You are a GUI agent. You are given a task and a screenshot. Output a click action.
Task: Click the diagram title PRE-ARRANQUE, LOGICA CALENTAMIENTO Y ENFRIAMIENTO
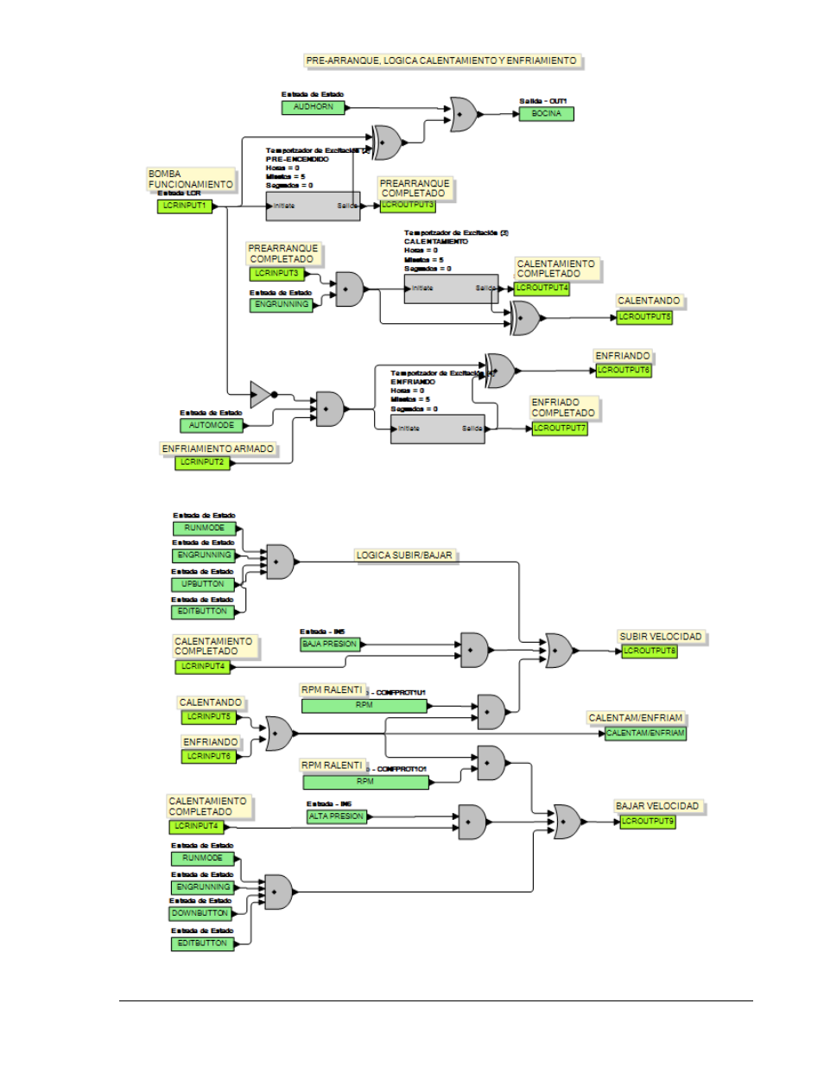pos(441,60)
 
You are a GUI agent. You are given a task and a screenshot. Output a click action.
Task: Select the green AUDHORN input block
pos(313,107)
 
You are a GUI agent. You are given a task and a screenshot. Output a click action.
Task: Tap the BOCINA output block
pos(546,113)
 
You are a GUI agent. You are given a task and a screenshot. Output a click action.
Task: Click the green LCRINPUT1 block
pos(184,206)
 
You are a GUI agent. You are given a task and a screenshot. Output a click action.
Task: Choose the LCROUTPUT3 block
pos(408,205)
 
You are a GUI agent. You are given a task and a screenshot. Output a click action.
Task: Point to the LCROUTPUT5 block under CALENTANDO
pos(644,317)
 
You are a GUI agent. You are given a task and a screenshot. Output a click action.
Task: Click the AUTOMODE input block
pos(212,425)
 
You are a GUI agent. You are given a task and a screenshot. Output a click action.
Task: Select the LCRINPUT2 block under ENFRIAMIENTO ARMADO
pos(202,462)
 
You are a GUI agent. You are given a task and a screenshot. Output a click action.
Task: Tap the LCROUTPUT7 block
pos(559,428)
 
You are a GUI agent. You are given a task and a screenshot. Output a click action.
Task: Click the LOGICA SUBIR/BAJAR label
pos(404,556)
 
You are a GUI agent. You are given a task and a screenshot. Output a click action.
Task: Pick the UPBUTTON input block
pos(202,584)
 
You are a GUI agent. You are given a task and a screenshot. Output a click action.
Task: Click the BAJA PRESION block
pos(329,644)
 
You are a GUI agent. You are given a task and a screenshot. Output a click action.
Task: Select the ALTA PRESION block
pos(336,816)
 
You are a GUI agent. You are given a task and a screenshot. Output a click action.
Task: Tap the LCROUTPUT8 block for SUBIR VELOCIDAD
pos(650,651)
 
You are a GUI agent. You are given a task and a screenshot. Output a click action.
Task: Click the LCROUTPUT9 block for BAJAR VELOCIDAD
pos(647,821)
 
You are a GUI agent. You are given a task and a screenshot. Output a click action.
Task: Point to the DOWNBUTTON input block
pos(200,913)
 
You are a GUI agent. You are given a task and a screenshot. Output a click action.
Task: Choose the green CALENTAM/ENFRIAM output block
pos(645,733)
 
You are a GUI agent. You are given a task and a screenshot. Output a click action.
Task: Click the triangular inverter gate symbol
pos(260,394)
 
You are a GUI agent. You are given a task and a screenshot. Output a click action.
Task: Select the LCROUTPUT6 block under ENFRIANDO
pos(623,370)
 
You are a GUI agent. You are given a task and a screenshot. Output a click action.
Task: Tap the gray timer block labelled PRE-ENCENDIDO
pos(313,206)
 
